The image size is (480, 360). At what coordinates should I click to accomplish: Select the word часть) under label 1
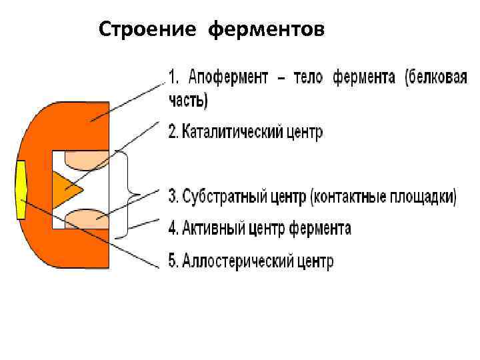(187, 101)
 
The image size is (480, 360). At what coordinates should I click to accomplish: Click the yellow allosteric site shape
(21, 190)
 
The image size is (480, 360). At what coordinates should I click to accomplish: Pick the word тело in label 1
(307, 77)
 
